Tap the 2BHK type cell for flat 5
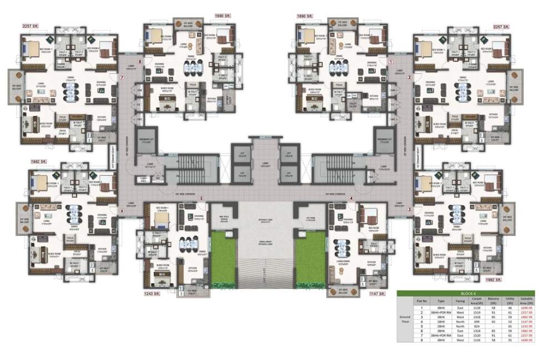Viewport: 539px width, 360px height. pyautogui.click(x=441, y=325)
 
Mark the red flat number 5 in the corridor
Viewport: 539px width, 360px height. pyautogui.click(x=201, y=198)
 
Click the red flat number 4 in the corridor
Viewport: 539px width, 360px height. pyautogui.click(x=351, y=198)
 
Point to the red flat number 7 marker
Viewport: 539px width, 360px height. pyautogui.click(x=121, y=78)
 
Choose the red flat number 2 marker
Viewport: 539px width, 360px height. pyautogui.click(x=410, y=78)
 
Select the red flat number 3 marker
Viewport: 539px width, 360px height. pyautogui.click(x=409, y=209)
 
